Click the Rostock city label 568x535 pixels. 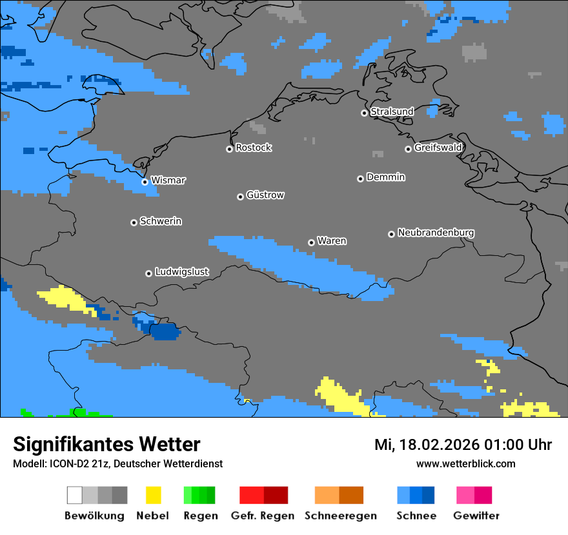[254, 148]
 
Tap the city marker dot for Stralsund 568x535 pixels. [364, 113]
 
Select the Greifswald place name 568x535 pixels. [438, 148]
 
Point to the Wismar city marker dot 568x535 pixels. [145, 182]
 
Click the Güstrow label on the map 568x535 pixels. [265, 195]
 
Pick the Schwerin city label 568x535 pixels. [161, 221]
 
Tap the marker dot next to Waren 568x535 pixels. [311, 242]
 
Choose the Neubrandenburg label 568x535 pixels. [436, 233]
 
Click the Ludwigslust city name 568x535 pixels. [182, 272]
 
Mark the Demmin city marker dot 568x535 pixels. [360, 179]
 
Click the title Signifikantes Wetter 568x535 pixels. [107, 444]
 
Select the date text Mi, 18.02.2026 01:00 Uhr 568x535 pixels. [463, 445]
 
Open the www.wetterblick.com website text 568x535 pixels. [465, 463]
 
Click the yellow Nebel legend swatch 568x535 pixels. [153, 495]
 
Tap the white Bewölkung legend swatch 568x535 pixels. [74, 495]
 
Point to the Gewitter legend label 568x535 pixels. [476, 516]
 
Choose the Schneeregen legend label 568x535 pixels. [340, 516]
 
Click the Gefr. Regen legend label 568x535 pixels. [262, 516]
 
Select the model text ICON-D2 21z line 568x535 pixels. [117, 463]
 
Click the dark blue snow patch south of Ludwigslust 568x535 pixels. [165, 332]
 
